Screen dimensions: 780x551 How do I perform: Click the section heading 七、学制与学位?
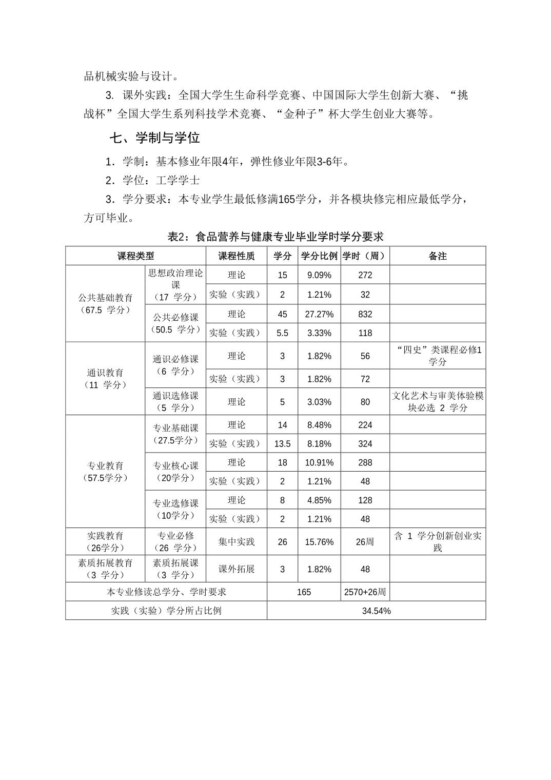[x=154, y=138]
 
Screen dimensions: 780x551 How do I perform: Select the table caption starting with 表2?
[x=275, y=237]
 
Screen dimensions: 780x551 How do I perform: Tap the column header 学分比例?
[x=319, y=256]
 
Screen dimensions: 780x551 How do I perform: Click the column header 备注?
[x=438, y=256]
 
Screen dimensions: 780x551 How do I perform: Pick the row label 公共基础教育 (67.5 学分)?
[x=105, y=303]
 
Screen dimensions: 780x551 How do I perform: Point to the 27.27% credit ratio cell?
[x=319, y=314]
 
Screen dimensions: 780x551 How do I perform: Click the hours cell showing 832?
[x=365, y=314]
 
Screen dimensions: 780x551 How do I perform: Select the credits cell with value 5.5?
[x=282, y=333]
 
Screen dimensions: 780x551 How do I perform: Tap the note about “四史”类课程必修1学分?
[x=438, y=356]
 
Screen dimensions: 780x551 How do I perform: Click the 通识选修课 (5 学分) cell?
[x=175, y=401]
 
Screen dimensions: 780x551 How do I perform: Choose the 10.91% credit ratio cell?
[x=319, y=462]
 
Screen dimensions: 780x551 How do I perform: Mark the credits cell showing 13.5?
[x=282, y=444]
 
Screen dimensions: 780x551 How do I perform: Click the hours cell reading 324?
[x=365, y=444]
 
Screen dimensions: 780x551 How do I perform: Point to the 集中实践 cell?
[x=236, y=541]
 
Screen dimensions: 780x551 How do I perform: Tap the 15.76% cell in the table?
[x=319, y=542]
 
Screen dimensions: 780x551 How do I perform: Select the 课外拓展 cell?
[x=236, y=569]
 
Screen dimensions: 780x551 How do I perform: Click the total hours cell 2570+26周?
[x=365, y=592]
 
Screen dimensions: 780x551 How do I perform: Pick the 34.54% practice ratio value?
[x=376, y=611]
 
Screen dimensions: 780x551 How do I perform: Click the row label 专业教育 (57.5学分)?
[x=105, y=472]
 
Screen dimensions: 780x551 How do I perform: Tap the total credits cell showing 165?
[x=304, y=592]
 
